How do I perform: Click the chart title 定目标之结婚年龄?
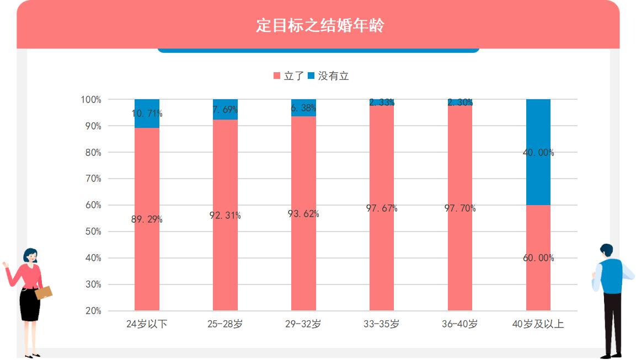319,26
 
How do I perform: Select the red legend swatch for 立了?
277,76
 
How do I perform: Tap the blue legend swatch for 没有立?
311,76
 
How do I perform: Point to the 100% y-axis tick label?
91,100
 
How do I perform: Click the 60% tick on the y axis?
93,205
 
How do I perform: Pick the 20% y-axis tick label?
93,311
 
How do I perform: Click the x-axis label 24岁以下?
147,324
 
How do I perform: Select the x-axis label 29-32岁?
303,324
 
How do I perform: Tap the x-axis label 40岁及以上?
538,324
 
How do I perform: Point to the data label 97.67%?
382,208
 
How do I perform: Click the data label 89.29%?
147,219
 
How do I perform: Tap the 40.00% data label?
538,153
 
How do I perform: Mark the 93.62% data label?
303,214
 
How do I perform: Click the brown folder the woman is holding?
44,293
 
